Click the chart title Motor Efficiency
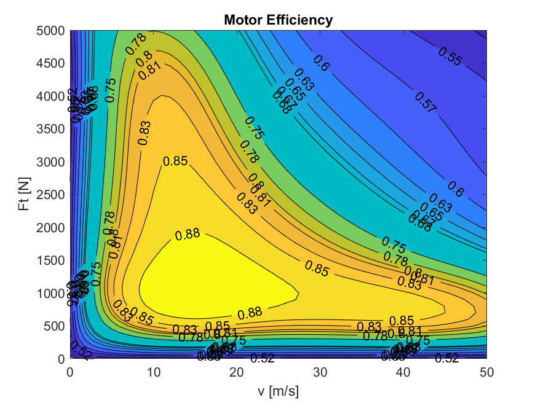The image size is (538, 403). [278, 20]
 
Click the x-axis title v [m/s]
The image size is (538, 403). [278, 389]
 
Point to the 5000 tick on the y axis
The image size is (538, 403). [52, 30]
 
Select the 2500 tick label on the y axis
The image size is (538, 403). [52, 194]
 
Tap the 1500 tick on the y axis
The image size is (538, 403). [52, 260]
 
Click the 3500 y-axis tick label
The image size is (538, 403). [52, 128]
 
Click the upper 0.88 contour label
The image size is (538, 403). [188, 233]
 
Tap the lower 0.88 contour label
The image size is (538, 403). [250, 313]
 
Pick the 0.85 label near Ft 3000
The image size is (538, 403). [175, 162]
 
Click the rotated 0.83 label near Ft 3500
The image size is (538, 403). [144, 132]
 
